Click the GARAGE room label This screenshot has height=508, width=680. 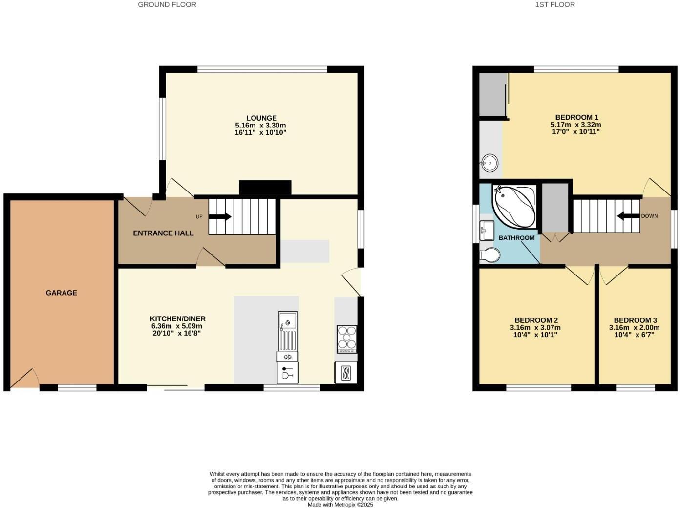[62, 293]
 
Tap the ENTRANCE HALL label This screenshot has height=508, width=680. [163, 233]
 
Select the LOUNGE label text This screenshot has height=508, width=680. [261, 118]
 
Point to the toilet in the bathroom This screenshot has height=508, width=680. [489, 255]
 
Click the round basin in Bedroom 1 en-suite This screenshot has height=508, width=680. [489, 162]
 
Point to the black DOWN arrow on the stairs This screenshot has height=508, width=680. [628, 216]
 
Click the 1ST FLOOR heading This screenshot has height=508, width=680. [555, 4]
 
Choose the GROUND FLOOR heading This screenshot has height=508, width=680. [167, 4]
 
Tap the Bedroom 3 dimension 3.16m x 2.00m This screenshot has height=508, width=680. [634, 328]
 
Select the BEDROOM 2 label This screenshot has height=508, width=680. [536, 320]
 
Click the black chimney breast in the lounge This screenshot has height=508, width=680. [265, 188]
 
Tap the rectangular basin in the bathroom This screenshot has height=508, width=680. [487, 230]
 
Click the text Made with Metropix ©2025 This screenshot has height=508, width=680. [340, 505]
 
